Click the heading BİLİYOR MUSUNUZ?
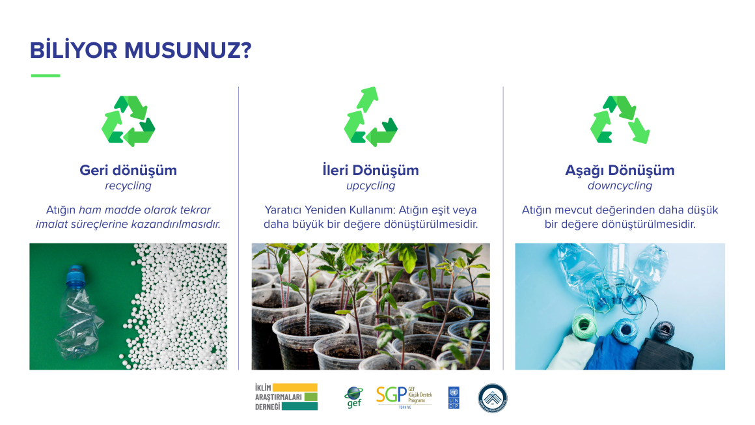(141, 51)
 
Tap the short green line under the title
(46, 75)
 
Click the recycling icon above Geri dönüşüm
(128, 121)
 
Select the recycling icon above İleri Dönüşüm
(370, 117)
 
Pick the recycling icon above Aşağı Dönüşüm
(620, 120)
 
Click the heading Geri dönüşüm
(128, 171)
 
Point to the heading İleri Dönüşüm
(370, 171)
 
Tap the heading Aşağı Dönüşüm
(620, 171)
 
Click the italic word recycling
(128, 186)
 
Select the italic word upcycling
(370, 186)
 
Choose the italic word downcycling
(620, 186)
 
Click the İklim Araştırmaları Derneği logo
(286, 396)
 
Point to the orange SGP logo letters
(390, 395)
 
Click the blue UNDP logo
(454, 397)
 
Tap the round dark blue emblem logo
(493, 398)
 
